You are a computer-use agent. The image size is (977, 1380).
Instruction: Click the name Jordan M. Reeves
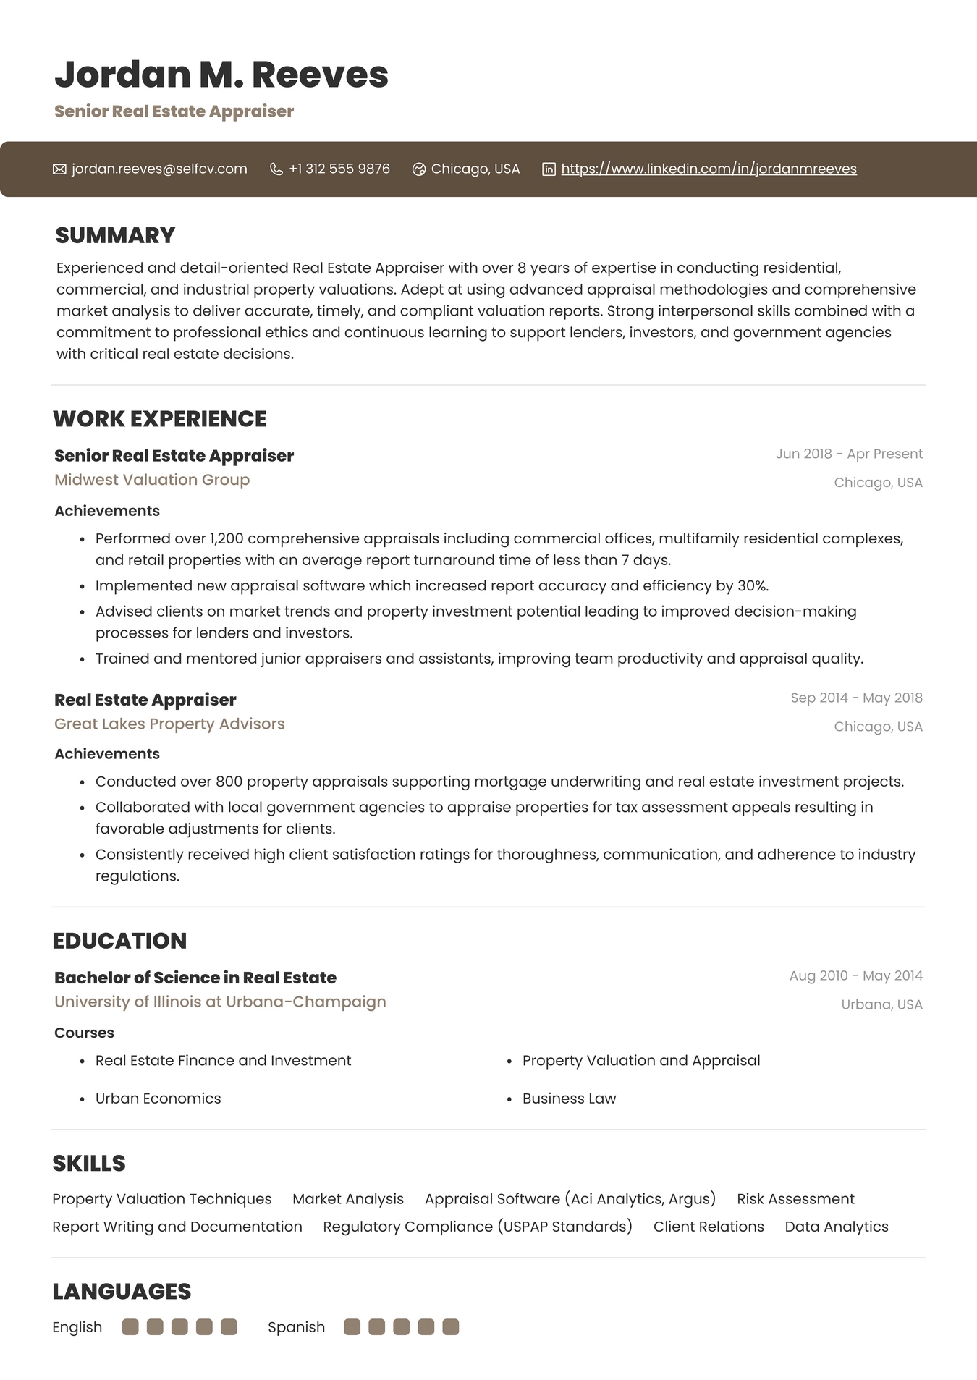click(221, 75)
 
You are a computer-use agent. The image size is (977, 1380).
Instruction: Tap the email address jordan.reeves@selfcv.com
click(159, 169)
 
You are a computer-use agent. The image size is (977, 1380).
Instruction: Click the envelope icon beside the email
click(59, 169)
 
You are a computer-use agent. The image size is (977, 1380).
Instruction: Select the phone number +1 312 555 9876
click(339, 169)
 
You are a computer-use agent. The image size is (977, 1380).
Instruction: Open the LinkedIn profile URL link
click(709, 169)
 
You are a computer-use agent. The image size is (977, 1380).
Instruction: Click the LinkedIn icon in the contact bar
click(549, 169)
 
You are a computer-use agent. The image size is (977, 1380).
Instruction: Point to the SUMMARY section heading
click(115, 235)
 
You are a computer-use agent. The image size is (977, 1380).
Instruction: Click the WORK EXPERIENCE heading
click(159, 419)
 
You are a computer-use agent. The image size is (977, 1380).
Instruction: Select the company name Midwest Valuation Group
click(152, 480)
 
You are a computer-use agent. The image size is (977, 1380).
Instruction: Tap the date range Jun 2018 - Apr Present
click(849, 454)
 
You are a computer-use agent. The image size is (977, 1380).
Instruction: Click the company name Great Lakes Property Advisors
click(169, 724)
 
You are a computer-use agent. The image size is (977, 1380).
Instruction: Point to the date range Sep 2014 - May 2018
click(856, 698)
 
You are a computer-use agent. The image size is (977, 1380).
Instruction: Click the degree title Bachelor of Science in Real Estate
click(195, 978)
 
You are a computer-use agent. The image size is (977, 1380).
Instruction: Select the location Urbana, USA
click(881, 1004)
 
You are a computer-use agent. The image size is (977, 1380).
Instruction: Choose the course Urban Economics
click(158, 1099)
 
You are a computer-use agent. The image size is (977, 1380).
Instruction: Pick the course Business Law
click(569, 1099)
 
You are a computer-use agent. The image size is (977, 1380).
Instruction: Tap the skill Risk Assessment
click(795, 1199)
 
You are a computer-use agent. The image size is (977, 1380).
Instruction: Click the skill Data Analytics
click(837, 1227)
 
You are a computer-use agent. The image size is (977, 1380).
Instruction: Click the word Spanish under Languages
click(296, 1327)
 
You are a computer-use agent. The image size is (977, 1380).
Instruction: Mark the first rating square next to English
click(130, 1327)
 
